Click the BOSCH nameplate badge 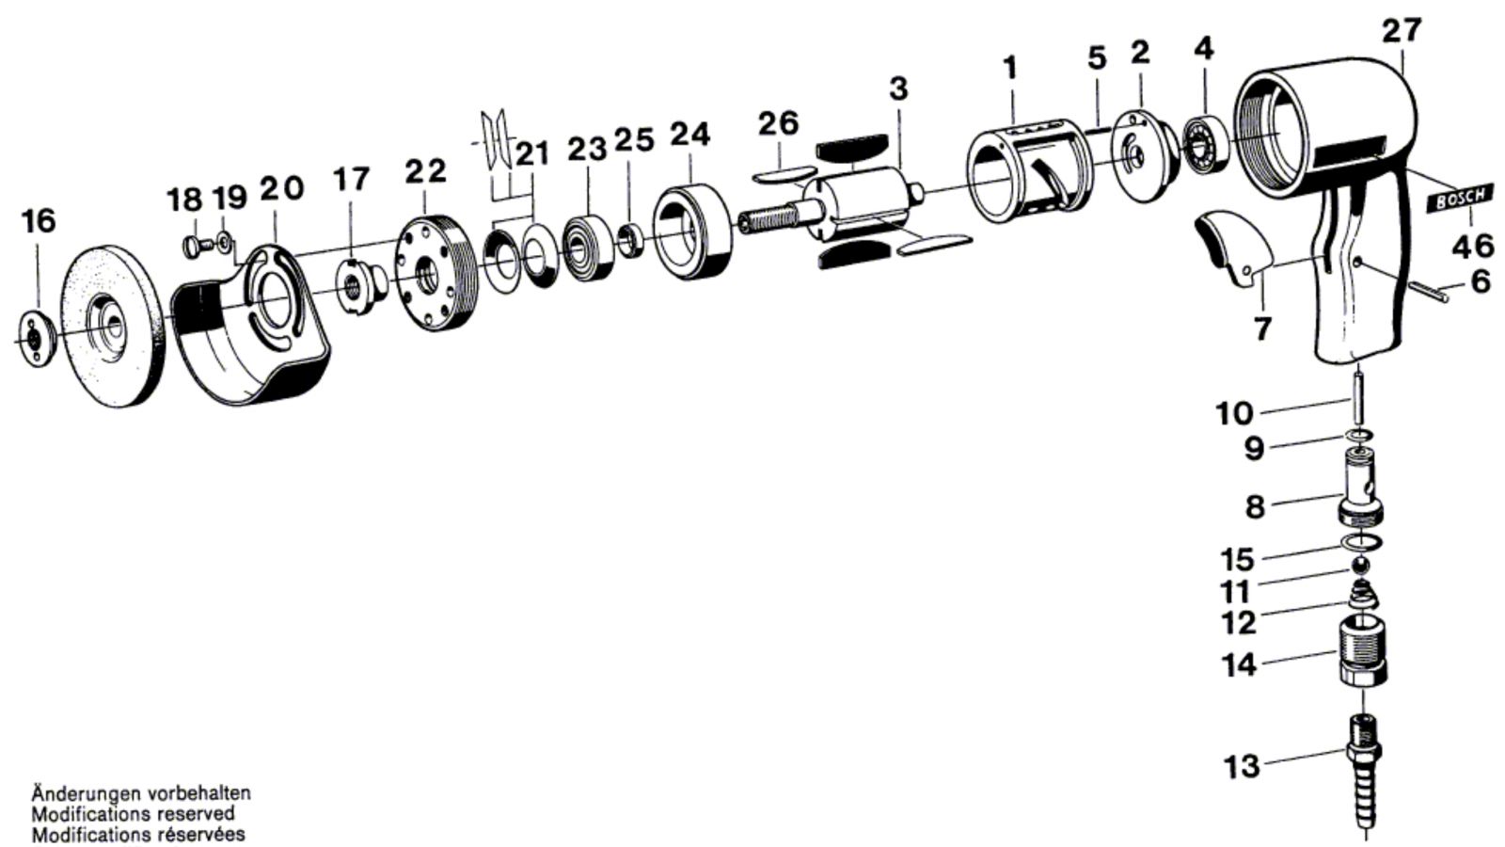point(1461,199)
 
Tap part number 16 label point(39,222)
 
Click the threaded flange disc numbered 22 point(436,272)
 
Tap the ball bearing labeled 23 point(587,248)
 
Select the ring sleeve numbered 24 point(692,232)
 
